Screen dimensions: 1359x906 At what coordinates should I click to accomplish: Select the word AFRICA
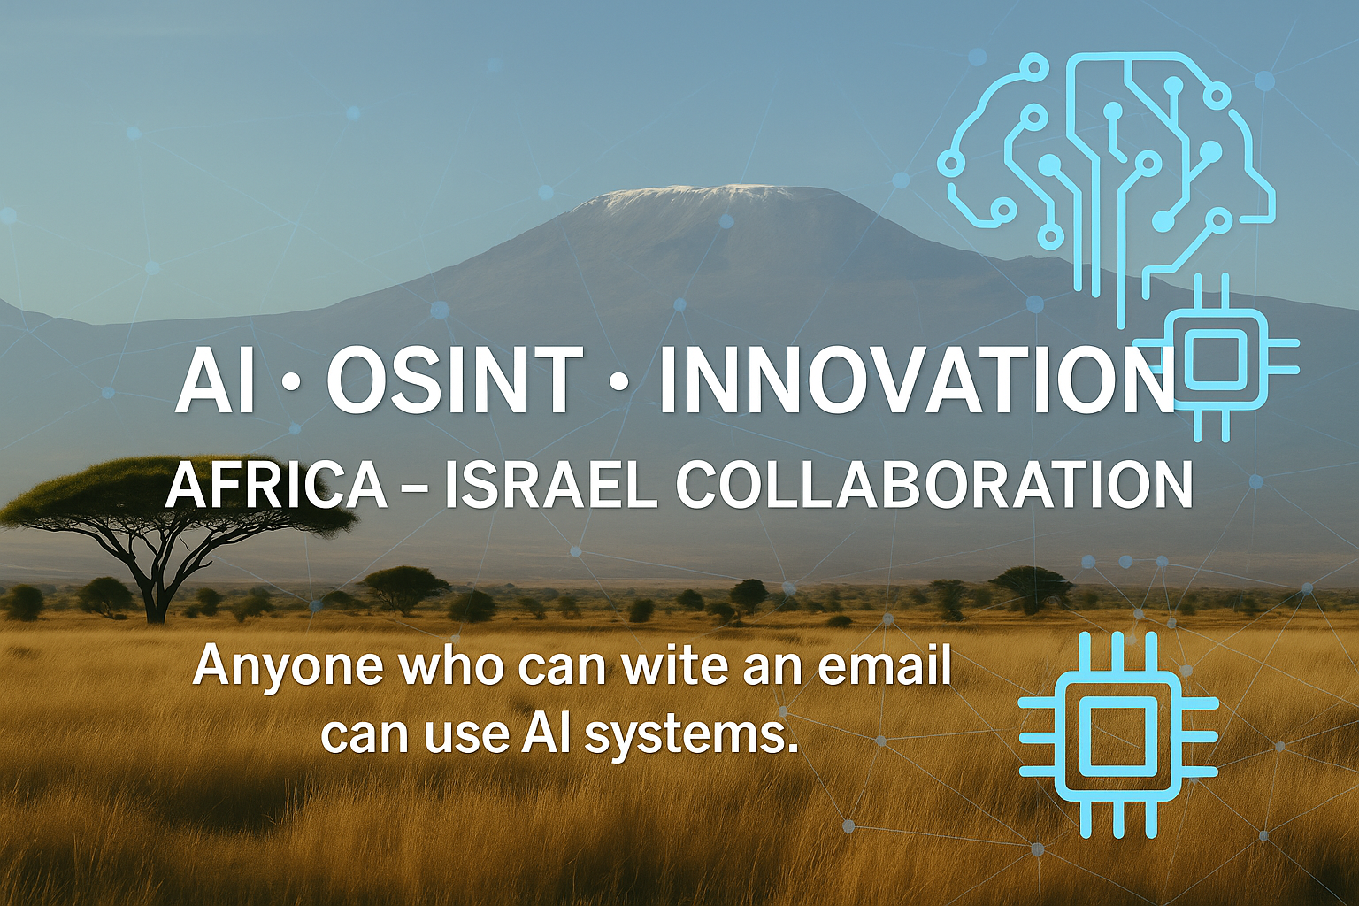click(x=276, y=486)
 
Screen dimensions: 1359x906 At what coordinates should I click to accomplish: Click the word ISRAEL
click(x=550, y=486)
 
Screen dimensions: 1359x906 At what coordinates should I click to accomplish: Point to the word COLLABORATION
click(x=934, y=486)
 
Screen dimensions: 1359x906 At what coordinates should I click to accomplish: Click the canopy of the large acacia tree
click(x=176, y=492)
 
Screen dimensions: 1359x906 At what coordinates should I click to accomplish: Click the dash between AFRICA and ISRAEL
click(x=415, y=489)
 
